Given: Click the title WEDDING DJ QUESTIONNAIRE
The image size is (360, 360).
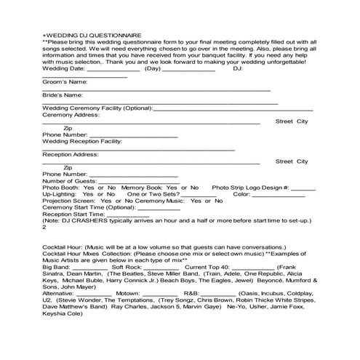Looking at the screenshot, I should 92,35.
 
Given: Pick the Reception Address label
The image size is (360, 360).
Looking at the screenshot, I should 70,154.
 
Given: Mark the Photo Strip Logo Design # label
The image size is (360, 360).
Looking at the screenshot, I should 250,188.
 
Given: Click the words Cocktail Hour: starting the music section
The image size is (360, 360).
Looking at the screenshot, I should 65,247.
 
